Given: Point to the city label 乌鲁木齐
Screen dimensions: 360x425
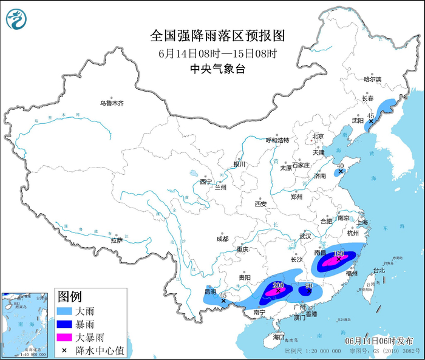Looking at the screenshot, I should [x=112, y=103].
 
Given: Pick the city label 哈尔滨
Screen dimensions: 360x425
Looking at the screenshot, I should [x=372, y=80].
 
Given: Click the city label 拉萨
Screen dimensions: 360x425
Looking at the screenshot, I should [x=117, y=240].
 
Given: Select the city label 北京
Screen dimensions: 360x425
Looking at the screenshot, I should [x=318, y=136].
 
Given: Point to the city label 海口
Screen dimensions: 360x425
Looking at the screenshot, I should [x=279, y=336].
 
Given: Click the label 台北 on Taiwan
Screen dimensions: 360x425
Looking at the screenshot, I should [x=378, y=270].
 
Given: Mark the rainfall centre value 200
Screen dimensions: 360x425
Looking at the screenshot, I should [x=279, y=285].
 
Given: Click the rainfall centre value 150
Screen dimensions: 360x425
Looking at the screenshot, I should [x=339, y=253].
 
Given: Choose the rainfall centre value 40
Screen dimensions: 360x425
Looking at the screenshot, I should [x=341, y=166].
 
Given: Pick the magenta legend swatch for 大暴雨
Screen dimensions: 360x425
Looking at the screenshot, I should [x=64, y=338].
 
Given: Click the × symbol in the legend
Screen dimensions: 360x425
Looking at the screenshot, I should [x=64, y=350].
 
